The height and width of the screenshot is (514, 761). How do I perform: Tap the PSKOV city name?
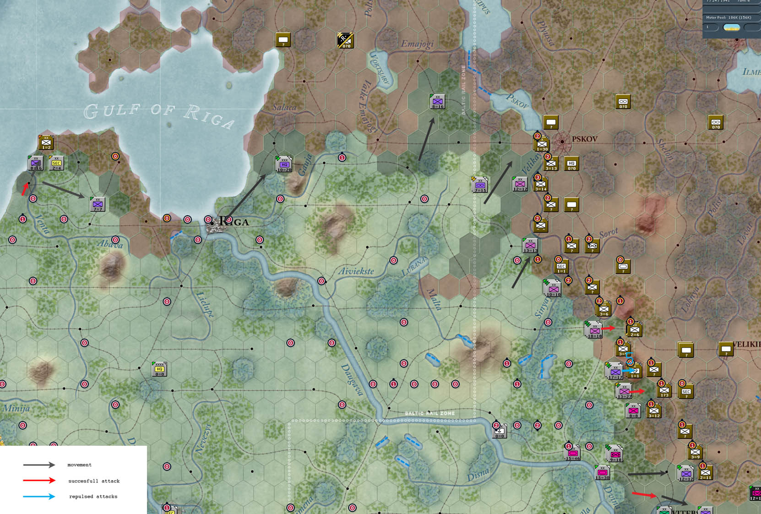click(584, 139)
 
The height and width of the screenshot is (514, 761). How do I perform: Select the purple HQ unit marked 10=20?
click(284, 164)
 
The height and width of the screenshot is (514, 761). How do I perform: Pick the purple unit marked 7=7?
click(98, 204)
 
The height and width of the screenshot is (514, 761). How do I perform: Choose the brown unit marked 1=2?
click(46, 142)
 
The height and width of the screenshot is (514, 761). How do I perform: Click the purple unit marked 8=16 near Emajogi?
click(438, 102)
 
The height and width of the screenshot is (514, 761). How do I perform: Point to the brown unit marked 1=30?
click(542, 144)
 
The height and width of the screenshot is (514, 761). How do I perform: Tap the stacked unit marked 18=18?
click(594, 330)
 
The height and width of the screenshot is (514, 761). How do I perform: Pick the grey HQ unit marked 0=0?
click(159, 369)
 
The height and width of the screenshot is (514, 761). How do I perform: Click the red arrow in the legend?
click(39, 481)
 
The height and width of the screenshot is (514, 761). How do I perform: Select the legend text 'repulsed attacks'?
click(93, 497)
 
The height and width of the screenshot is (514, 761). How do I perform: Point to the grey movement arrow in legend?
click(39, 465)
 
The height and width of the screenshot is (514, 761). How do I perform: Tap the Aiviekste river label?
click(356, 271)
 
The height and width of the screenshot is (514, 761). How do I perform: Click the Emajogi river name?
click(417, 44)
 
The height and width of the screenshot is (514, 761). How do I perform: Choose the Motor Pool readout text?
click(728, 17)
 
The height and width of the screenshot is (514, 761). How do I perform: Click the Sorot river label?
click(609, 233)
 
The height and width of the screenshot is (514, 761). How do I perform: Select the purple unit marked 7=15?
click(480, 185)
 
